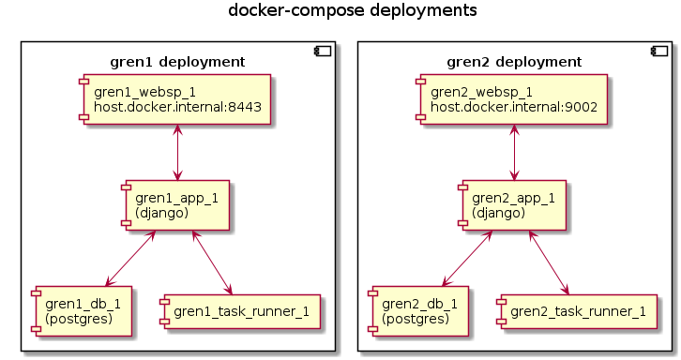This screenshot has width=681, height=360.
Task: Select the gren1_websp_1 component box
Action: (x=176, y=99)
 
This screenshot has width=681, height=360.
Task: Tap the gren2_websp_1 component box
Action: (x=514, y=99)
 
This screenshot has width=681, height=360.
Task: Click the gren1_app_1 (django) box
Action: (x=176, y=205)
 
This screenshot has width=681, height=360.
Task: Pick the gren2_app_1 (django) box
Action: (x=514, y=205)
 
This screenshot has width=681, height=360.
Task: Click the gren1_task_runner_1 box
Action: (x=241, y=311)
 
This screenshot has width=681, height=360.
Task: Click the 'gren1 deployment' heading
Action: (x=177, y=62)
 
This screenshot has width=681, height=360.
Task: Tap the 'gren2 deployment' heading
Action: (x=514, y=62)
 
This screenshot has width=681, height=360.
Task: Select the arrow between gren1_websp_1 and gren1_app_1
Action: (x=176, y=152)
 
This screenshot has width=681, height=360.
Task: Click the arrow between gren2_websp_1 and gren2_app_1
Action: (x=514, y=152)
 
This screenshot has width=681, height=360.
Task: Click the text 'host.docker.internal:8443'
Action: (x=176, y=107)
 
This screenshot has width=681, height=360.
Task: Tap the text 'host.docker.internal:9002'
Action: (x=514, y=107)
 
